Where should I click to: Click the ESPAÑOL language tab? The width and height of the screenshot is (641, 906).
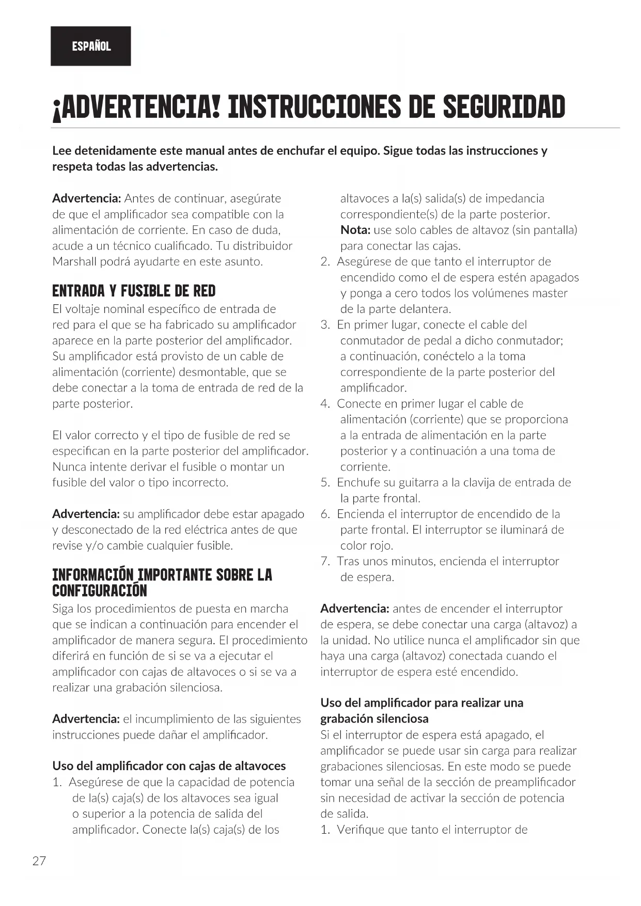click(x=91, y=46)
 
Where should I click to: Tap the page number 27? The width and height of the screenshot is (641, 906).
click(x=39, y=861)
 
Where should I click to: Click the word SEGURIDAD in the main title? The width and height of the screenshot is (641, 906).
click(x=504, y=106)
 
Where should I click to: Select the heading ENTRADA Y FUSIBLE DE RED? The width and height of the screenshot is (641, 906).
click(x=134, y=291)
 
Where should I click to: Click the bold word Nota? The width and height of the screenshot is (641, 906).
click(x=355, y=230)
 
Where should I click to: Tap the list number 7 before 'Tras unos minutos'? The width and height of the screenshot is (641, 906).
click(x=325, y=561)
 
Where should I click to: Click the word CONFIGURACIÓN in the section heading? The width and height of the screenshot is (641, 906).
click(x=100, y=591)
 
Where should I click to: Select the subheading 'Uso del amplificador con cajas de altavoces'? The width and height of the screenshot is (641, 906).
click(x=169, y=766)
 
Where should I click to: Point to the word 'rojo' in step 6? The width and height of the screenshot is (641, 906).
click(x=382, y=545)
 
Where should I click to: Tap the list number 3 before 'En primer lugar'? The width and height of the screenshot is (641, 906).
click(x=325, y=325)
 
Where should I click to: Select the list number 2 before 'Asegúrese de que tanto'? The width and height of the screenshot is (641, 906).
click(x=325, y=262)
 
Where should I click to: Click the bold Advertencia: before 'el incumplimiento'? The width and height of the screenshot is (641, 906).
click(x=86, y=719)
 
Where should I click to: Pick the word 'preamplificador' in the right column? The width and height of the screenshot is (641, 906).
click(x=535, y=782)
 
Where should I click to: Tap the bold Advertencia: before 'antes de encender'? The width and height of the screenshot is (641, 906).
click(x=354, y=608)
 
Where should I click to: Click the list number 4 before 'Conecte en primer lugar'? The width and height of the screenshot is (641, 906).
click(x=325, y=404)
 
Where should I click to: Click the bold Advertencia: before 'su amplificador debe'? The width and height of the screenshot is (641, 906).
click(x=86, y=514)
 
